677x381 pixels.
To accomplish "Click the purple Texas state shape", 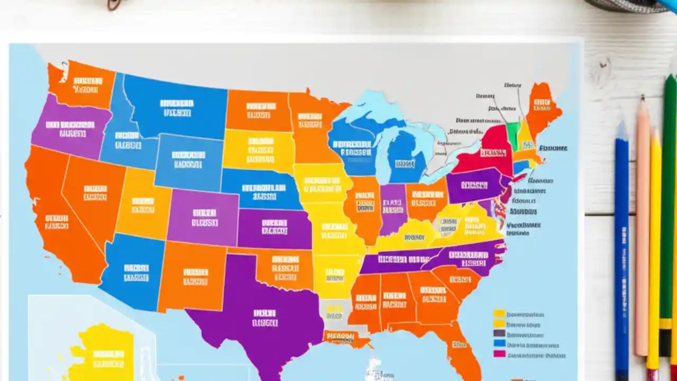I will coord(259,312).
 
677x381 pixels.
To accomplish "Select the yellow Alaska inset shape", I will coord(106,352).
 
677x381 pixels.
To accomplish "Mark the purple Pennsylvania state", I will coord(473,185).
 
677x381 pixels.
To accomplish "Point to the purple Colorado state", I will coord(204,217).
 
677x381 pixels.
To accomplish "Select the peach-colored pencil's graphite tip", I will coord(643,98).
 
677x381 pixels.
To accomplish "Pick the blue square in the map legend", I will coord(499,343).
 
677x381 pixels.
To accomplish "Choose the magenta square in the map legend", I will coord(499,353).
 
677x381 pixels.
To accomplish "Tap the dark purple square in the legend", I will coord(499,333).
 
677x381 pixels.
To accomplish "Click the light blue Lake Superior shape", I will coord(365,106).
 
